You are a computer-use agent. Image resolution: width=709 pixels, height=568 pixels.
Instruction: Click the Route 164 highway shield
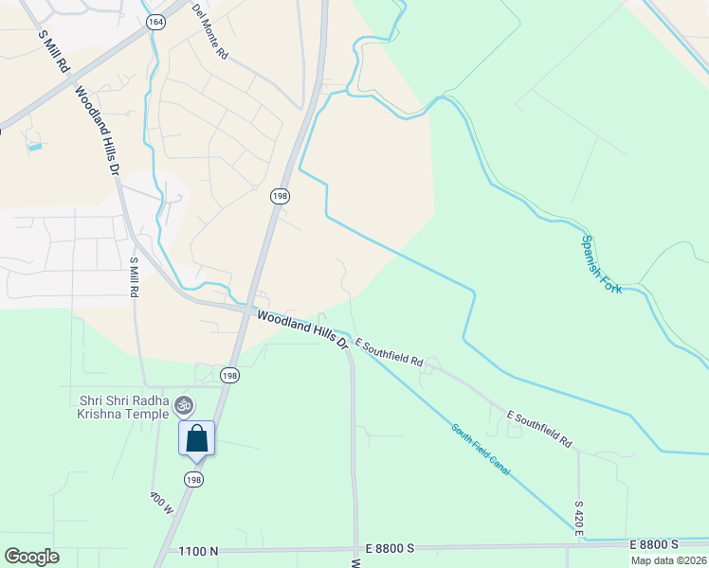(155, 21)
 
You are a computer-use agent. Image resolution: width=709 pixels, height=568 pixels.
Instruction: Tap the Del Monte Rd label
(210, 32)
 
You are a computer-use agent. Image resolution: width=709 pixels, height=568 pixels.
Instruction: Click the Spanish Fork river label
(602, 264)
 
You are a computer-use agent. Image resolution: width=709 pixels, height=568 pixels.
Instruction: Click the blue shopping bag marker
(197, 438)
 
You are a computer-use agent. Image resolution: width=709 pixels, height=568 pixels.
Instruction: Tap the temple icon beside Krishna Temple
(185, 405)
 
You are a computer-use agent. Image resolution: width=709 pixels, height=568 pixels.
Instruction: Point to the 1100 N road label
(199, 550)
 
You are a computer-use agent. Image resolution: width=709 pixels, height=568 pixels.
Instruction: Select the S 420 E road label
(578, 519)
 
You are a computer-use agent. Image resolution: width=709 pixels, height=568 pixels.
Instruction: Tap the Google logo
(32, 557)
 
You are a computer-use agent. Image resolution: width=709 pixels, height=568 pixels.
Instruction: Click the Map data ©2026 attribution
(668, 560)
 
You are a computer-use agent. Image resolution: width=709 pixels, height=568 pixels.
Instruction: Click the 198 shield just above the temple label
(229, 376)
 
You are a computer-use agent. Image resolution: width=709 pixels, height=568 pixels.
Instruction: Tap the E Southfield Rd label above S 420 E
(540, 429)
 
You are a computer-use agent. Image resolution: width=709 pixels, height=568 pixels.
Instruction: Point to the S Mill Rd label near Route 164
(54, 51)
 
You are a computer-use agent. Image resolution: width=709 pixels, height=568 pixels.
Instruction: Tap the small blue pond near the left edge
(35, 148)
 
